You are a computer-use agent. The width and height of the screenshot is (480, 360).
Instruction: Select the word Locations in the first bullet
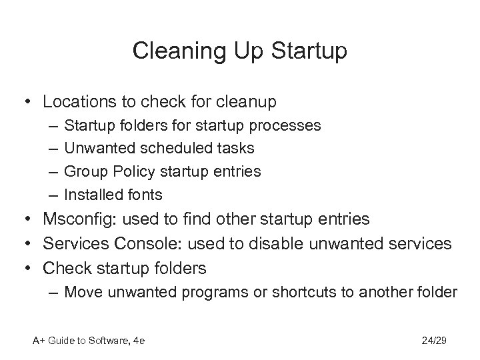pyautogui.click(x=73, y=103)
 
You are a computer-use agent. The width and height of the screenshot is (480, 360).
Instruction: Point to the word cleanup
pyautogui.click(x=245, y=103)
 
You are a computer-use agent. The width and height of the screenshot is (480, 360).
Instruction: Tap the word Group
pyautogui.click(x=83, y=171)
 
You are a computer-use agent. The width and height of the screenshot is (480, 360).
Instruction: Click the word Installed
pyautogui.click(x=91, y=194)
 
